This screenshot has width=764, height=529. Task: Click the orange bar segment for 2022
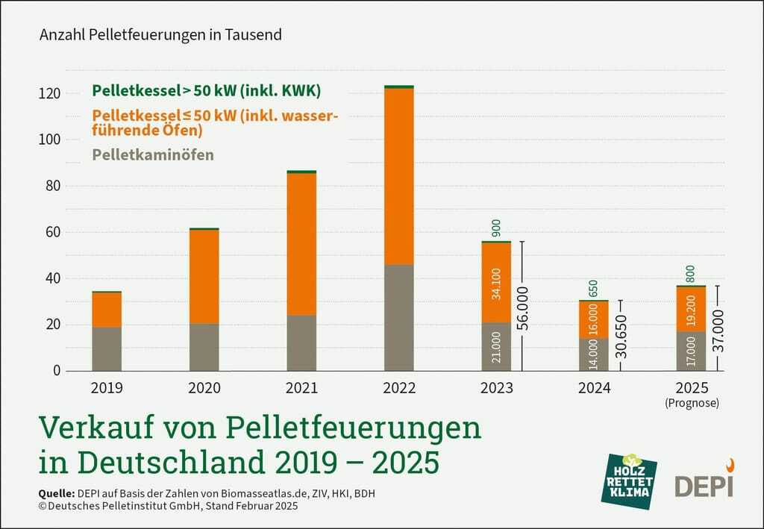[x=398, y=176]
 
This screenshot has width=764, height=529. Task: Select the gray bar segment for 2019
[x=107, y=348]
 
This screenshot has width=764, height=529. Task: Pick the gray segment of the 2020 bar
[x=204, y=347]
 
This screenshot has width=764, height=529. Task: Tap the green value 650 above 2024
[x=594, y=288]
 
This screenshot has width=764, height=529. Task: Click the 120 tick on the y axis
[x=50, y=93]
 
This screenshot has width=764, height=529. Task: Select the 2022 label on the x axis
[x=399, y=389]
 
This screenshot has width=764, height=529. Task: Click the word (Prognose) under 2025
[x=691, y=403]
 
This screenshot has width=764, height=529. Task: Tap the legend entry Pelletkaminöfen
[x=153, y=155]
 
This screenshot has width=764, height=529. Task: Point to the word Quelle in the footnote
[x=55, y=493]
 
